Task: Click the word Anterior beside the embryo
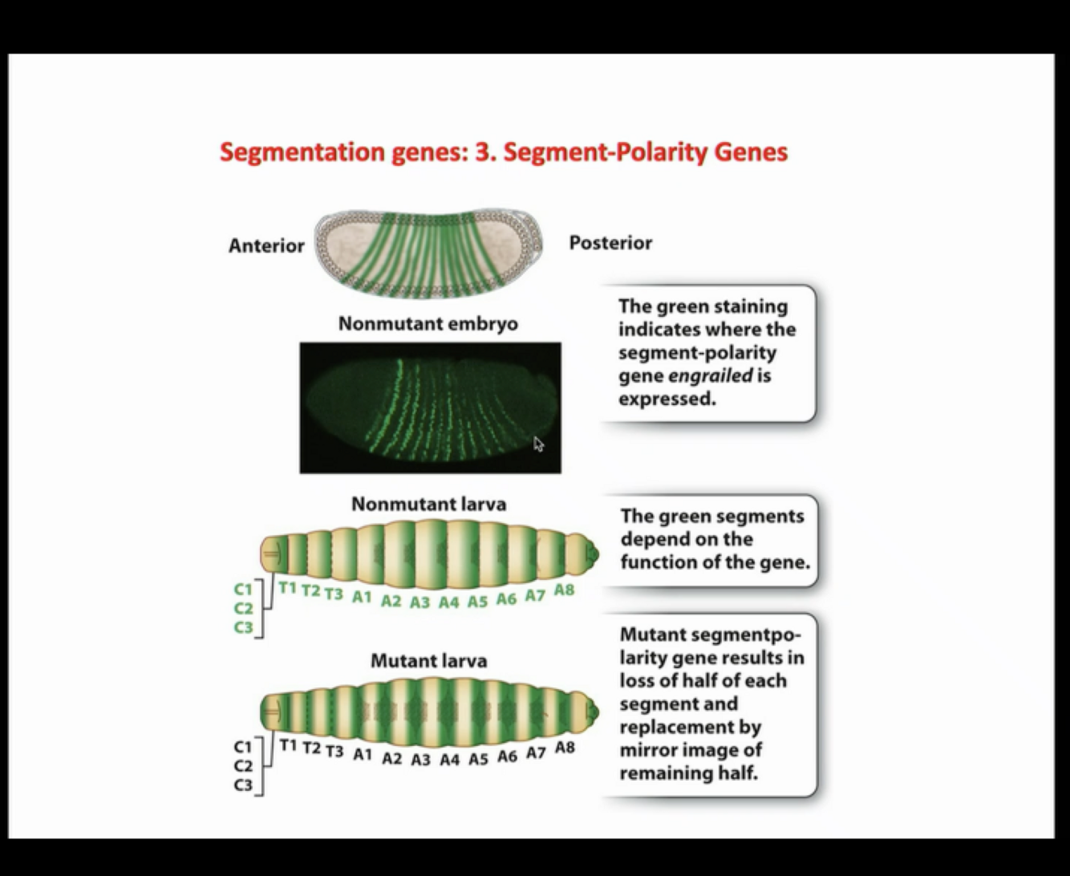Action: [266, 245]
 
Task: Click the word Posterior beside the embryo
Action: [610, 242]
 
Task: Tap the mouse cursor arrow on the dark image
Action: [538, 444]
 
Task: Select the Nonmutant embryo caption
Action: [428, 324]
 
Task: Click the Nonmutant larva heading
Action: [428, 504]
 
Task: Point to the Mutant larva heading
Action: [428, 661]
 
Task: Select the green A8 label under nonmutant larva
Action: [564, 590]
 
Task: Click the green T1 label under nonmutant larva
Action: [288, 589]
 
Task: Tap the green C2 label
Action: [243, 608]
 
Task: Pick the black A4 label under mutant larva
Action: [449, 759]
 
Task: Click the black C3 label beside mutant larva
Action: [243, 785]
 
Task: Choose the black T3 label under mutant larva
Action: [334, 751]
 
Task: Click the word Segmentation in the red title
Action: [302, 152]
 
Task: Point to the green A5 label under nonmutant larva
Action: [477, 601]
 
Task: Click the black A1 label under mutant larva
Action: [363, 754]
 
